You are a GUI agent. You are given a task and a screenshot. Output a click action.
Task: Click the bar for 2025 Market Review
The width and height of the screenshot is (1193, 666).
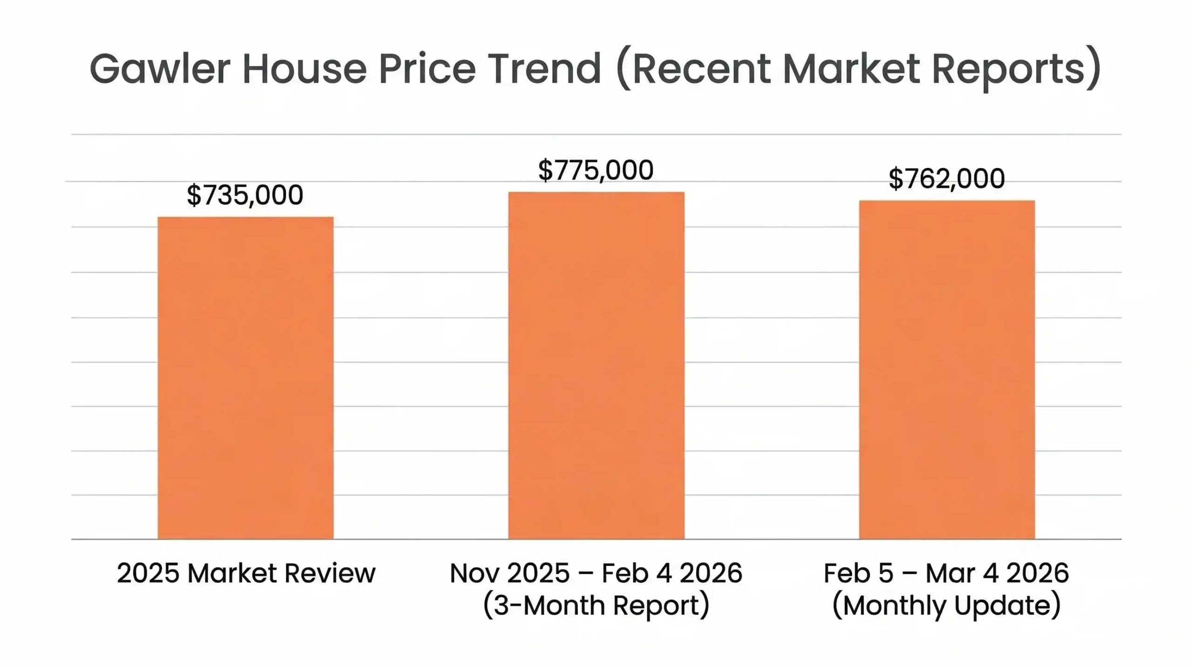tap(245, 378)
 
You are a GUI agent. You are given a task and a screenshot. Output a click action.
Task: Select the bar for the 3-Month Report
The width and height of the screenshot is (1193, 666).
tap(596, 365)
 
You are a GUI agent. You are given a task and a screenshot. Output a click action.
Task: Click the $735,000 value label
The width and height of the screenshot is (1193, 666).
tap(245, 195)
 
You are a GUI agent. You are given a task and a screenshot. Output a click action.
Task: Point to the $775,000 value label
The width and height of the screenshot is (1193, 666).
tap(596, 170)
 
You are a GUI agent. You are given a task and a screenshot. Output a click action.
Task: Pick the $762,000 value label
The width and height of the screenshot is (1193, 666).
tap(946, 179)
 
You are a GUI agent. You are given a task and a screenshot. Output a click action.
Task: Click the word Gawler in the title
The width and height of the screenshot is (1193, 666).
tap(160, 69)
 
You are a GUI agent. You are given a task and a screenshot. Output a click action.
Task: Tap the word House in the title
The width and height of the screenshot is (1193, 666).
tap(304, 69)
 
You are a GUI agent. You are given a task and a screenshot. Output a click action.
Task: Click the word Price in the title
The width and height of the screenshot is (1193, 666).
tap(427, 69)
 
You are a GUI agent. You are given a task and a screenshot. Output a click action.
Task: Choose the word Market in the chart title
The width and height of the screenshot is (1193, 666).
tap(851, 69)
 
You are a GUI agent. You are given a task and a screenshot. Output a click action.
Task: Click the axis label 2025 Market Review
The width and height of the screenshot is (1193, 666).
tap(246, 573)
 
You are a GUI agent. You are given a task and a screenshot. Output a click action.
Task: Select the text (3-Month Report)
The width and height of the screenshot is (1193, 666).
tap(596, 605)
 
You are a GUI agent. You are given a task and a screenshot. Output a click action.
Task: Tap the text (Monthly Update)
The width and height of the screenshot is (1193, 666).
tap(946, 605)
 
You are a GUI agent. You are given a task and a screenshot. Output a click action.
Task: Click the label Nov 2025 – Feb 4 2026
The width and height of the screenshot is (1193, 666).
tap(596, 573)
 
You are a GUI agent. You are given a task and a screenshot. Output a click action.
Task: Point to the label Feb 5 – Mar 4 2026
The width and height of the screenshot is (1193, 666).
tap(946, 573)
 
